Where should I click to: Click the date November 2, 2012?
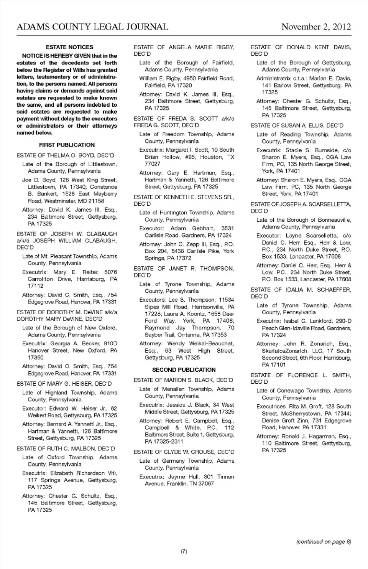tap(316, 27)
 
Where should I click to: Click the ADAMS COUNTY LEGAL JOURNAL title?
tap(92, 27)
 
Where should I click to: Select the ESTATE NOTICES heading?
tap(69, 47)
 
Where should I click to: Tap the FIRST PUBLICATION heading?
tap(67, 145)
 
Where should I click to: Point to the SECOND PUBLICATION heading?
tap(184, 370)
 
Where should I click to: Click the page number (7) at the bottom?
tap(184, 551)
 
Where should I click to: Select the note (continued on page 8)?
tap(324, 542)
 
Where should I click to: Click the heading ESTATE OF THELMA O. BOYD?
tap(65, 155)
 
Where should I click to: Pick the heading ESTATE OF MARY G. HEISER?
tap(64, 384)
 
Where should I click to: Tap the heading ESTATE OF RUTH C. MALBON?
tap(66, 449)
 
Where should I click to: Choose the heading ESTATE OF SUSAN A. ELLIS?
tap(297, 125)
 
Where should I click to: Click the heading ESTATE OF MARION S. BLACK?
tap(183, 380)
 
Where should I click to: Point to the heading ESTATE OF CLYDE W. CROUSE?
tap(184, 452)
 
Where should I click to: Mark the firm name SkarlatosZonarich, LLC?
tap(291, 351)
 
